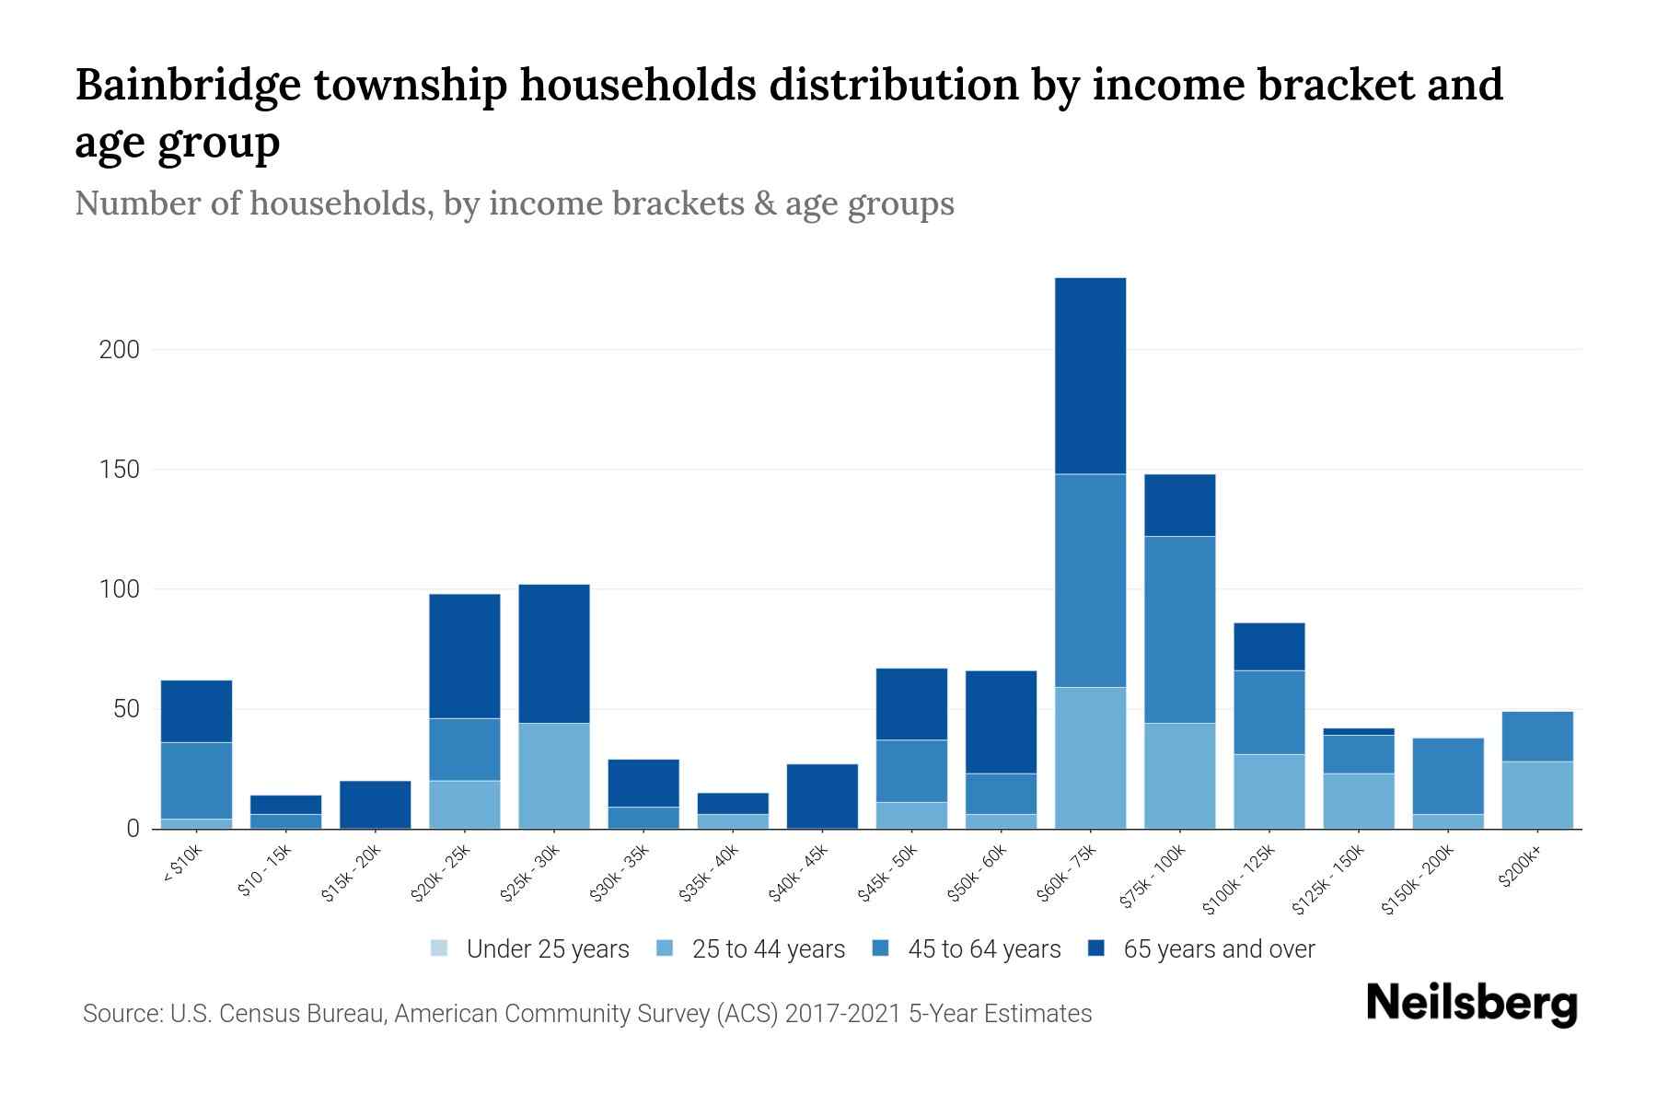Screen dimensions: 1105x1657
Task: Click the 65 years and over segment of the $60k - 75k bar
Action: click(1090, 376)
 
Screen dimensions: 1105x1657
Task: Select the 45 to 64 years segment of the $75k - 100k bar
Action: click(1179, 629)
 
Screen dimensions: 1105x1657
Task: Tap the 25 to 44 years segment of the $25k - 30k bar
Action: click(554, 775)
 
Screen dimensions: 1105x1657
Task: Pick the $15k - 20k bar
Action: click(376, 804)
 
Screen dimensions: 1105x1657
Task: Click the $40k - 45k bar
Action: click(822, 796)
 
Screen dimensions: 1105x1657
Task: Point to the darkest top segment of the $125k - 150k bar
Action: click(1358, 731)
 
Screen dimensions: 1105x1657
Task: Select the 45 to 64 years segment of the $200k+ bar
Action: click(1536, 736)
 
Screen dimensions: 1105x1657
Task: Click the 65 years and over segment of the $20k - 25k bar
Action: click(465, 656)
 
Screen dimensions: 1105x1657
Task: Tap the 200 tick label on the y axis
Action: click(120, 350)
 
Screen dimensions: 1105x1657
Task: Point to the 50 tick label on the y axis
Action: click(126, 709)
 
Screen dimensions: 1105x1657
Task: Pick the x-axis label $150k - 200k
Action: click(1418, 880)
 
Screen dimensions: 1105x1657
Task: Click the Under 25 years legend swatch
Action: click(440, 948)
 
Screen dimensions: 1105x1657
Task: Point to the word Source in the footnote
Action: click(121, 1014)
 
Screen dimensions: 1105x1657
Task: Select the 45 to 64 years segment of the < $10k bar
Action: click(196, 780)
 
